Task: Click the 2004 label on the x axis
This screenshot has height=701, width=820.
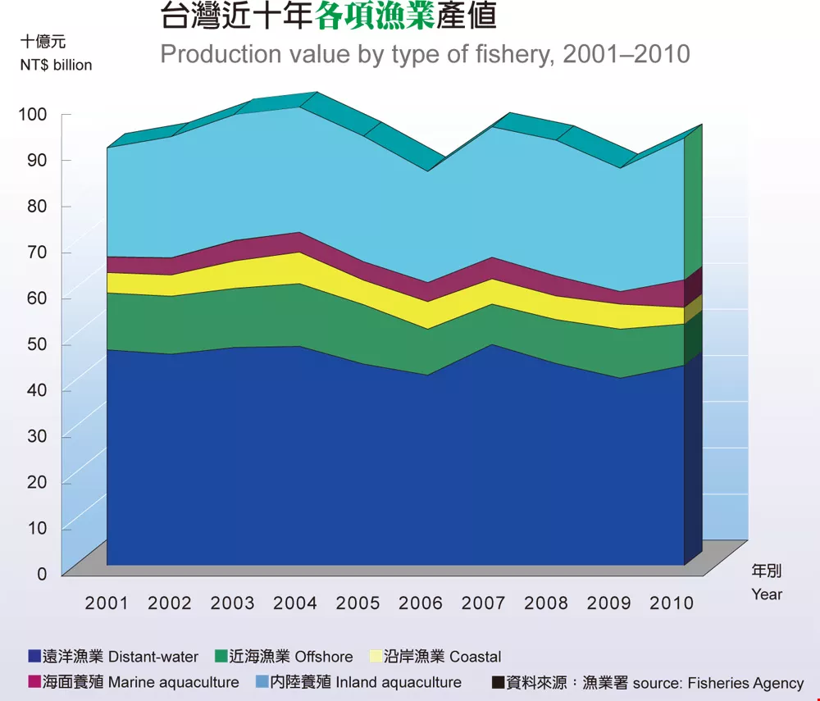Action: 295,603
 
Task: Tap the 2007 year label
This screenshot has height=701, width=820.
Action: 483,603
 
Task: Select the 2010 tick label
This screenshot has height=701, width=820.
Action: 672,603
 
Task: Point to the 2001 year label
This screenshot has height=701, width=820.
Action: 107,603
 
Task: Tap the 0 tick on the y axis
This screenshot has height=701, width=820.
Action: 42,574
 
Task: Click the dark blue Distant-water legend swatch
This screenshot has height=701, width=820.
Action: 34,657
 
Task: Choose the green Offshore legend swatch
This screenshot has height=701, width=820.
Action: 221,657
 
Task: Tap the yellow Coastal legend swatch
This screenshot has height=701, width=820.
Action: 376,657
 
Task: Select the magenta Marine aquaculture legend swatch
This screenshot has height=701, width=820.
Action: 34,682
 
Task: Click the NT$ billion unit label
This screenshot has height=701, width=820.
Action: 57,65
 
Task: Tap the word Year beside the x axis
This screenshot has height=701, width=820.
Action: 767,594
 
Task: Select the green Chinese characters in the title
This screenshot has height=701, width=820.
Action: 375,16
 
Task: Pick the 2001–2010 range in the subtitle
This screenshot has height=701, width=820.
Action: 626,54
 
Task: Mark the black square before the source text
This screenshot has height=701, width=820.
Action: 498,682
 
